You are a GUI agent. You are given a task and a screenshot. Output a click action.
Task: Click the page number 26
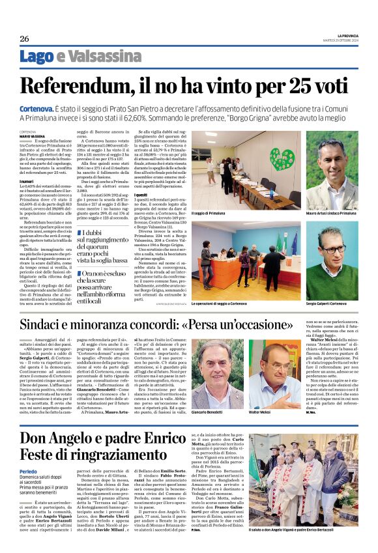[24, 38]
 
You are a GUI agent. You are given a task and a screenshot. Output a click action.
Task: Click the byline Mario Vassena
[33, 135]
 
